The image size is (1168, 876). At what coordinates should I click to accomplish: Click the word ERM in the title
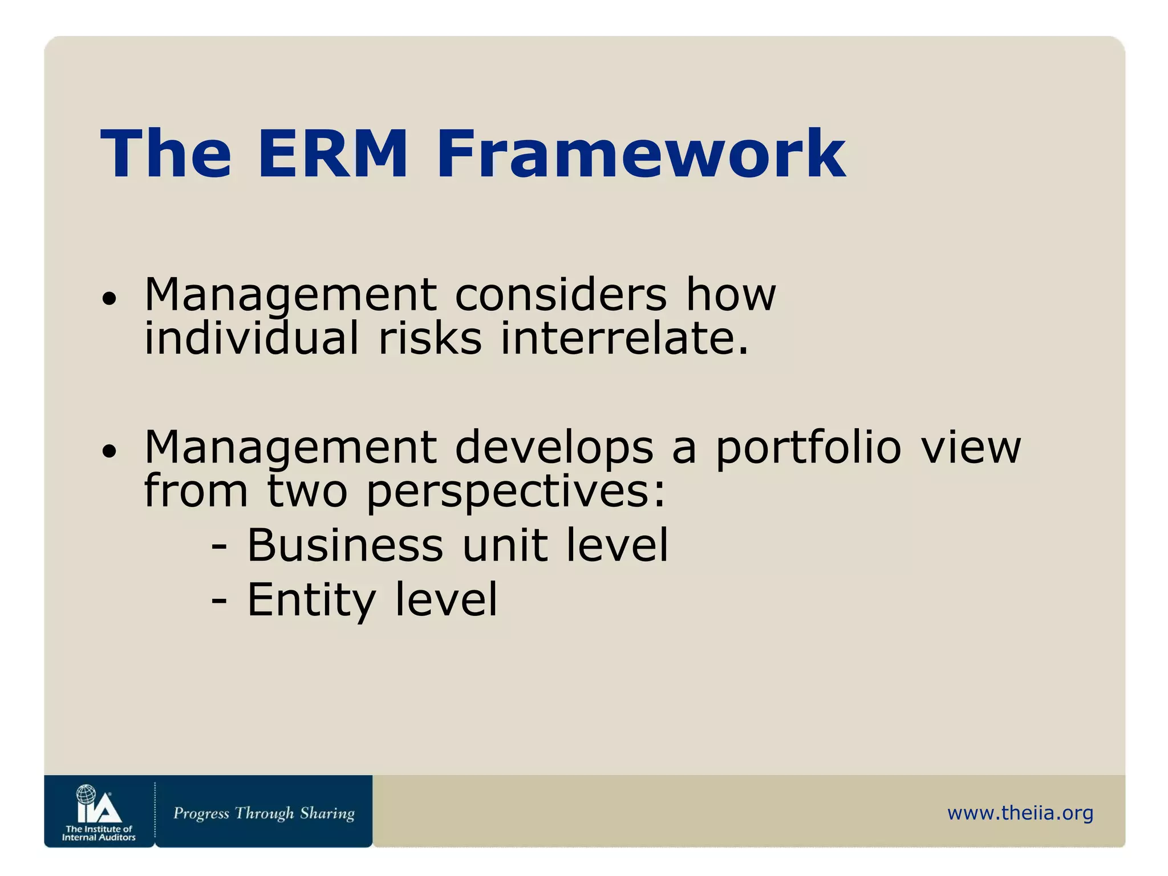click(x=332, y=154)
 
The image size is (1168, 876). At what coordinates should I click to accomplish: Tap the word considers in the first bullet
click(x=561, y=295)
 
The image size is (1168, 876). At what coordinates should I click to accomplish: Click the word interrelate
click(x=624, y=338)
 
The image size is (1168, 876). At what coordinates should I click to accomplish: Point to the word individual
click(x=252, y=338)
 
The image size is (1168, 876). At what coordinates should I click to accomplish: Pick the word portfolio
click(x=808, y=447)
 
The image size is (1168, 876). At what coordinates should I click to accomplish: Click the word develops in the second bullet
click(x=554, y=447)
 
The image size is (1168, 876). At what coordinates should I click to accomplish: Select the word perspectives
click(x=516, y=492)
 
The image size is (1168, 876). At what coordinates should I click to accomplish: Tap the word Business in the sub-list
click(x=344, y=545)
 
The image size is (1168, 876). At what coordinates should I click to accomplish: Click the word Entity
click(x=311, y=600)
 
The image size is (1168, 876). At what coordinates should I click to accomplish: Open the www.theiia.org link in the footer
click(x=1020, y=813)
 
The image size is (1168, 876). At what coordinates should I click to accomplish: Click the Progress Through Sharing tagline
click(x=263, y=813)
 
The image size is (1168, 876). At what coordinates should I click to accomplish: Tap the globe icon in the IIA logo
click(x=86, y=794)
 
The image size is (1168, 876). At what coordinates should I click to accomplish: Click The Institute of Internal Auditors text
click(x=99, y=833)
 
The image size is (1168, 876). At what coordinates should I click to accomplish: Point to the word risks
click(x=430, y=338)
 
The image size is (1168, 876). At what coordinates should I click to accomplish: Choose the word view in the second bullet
click(x=971, y=447)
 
